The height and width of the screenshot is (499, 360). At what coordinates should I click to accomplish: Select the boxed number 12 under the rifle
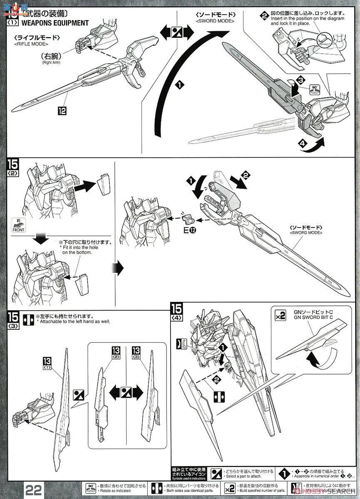pyautogui.click(x=62, y=111)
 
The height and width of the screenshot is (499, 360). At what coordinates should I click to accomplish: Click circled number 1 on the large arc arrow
pyautogui.click(x=179, y=85)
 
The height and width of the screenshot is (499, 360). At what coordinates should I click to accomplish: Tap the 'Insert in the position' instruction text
pyautogui.click(x=307, y=19)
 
